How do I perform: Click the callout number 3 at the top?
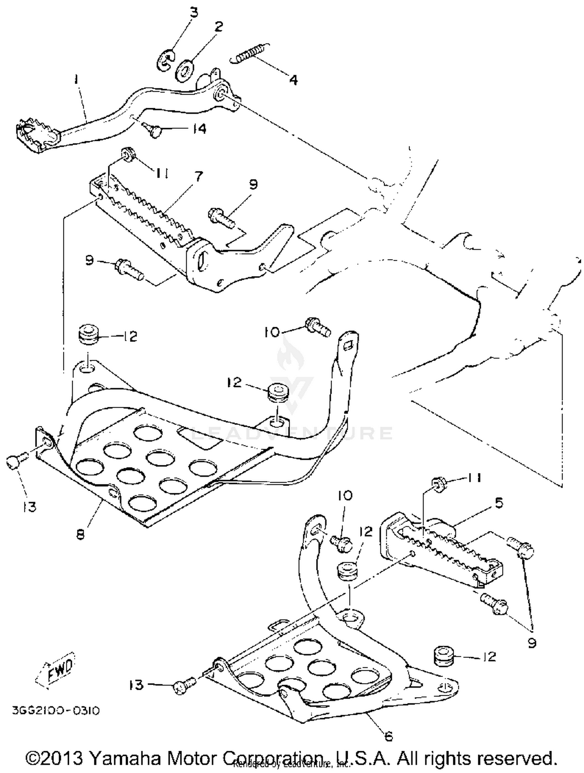click(193, 12)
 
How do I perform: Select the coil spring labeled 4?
click(249, 52)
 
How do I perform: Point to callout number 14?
click(199, 128)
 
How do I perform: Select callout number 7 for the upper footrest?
click(199, 176)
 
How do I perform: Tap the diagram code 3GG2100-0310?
click(56, 711)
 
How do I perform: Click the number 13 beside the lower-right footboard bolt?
click(136, 685)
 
